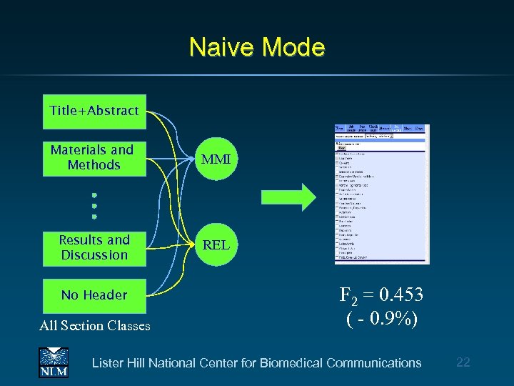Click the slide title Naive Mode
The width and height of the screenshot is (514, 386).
tap(257, 48)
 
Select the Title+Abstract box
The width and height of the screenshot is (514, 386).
tap(94, 111)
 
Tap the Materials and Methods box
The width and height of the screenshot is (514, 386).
tap(94, 158)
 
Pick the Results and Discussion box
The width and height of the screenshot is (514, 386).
tap(94, 248)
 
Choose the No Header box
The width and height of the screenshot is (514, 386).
tap(94, 295)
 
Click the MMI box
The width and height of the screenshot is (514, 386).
tap(216, 159)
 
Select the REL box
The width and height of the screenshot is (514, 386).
tap(216, 244)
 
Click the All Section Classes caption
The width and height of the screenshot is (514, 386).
tap(95, 326)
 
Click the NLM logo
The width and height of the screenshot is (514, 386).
tap(53, 362)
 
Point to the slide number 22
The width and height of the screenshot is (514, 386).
tap(463, 362)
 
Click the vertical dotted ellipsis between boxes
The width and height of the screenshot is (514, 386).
tap(94, 205)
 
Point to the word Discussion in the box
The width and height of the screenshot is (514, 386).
tap(94, 255)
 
